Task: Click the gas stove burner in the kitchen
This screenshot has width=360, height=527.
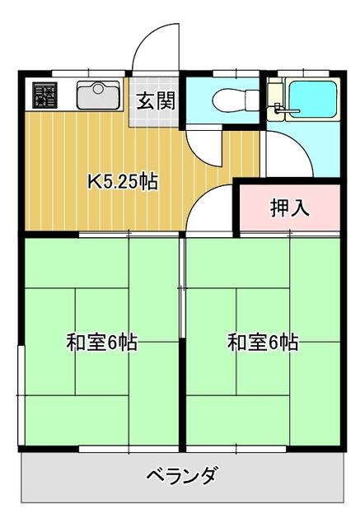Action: (x=44, y=95)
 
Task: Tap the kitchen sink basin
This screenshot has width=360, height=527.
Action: (x=98, y=95)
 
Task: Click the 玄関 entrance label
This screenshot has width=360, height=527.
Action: (x=156, y=100)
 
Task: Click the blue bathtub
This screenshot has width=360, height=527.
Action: (x=312, y=98)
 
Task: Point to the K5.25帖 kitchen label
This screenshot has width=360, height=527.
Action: (x=123, y=181)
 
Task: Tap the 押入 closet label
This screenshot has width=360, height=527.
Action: (x=290, y=208)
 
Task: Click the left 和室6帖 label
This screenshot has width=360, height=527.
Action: (x=101, y=343)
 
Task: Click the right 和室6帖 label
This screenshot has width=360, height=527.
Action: (x=263, y=343)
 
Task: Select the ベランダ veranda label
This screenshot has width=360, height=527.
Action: (x=181, y=475)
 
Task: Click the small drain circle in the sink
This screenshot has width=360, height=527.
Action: (x=98, y=89)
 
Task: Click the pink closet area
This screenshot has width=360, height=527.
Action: (x=290, y=208)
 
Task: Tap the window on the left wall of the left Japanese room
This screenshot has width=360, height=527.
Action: (x=21, y=395)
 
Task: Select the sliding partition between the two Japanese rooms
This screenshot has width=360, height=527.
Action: (x=182, y=287)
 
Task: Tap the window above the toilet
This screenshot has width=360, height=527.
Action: (x=236, y=73)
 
